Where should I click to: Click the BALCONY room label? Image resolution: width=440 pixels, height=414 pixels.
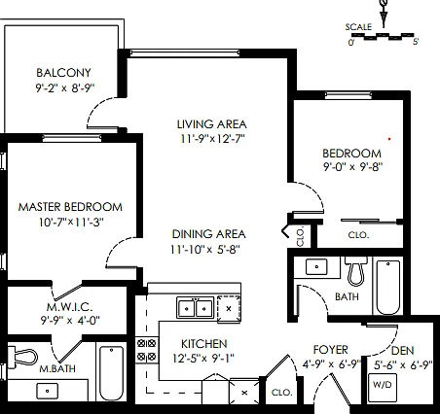pyautogui.click(x=63, y=73)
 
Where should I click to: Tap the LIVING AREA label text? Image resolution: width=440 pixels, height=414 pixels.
pyautogui.click(x=212, y=124)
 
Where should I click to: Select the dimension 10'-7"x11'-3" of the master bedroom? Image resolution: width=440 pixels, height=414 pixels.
pyautogui.click(x=71, y=223)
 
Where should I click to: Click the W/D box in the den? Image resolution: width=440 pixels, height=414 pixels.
pyautogui.click(x=383, y=385)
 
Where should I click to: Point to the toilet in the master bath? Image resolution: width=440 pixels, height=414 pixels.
pyautogui.click(x=22, y=357)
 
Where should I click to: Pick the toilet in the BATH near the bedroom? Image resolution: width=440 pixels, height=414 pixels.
pyautogui.click(x=356, y=271)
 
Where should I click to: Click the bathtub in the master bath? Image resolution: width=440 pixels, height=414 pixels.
pyautogui.click(x=111, y=373)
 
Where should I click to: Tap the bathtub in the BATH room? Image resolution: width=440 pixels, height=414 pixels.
pyautogui.click(x=388, y=287)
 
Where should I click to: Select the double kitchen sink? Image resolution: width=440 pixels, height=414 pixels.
pyautogui.click(x=196, y=308)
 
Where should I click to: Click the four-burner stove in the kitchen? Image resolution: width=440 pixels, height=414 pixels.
pyautogui.click(x=147, y=350)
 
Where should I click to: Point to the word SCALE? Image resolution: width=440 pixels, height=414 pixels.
pyautogui.click(x=358, y=27)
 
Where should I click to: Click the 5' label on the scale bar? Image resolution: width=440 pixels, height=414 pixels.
pyautogui.click(x=416, y=42)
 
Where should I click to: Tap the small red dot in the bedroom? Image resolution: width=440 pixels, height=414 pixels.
pyautogui.click(x=389, y=139)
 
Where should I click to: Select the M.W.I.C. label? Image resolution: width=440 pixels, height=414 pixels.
pyautogui.click(x=70, y=306)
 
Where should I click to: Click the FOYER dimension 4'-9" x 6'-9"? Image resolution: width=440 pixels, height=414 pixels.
pyautogui.click(x=332, y=364)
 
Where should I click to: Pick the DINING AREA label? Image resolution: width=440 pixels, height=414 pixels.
pyautogui.click(x=208, y=234)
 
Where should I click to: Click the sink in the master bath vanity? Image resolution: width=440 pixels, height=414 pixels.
pyautogui.click(x=48, y=391)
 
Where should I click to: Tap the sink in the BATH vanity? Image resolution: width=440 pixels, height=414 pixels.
pyautogui.click(x=316, y=267)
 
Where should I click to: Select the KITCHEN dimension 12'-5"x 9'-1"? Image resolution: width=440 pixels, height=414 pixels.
pyautogui.click(x=203, y=359)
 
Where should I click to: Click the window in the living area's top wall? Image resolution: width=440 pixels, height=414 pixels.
pyautogui.click(x=185, y=53)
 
